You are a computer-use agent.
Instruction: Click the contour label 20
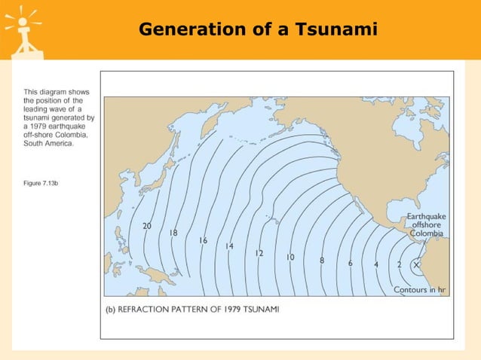tap(147, 226)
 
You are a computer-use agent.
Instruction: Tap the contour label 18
tap(173, 233)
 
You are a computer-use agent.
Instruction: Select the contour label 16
tap(203, 241)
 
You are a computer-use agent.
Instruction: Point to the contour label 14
tap(229, 246)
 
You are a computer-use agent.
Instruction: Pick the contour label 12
tap(259, 253)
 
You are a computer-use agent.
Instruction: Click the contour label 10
tap(290, 258)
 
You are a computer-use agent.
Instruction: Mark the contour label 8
tap(322, 261)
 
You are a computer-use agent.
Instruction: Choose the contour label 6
tap(350, 264)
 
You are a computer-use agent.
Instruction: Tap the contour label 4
tap(376, 264)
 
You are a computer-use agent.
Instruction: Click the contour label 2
tap(399, 264)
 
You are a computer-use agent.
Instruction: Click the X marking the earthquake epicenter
tap(416, 264)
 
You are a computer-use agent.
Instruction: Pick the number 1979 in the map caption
tap(238, 310)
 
